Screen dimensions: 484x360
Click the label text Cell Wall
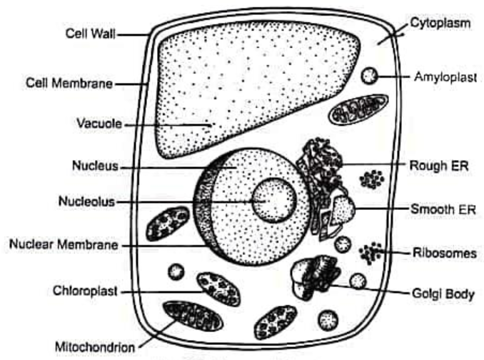(x=91, y=34)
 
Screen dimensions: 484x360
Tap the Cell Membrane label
(x=69, y=84)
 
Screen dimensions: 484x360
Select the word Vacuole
(x=99, y=123)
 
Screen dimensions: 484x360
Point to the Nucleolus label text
(x=87, y=201)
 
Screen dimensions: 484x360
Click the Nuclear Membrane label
(x=64, y=244)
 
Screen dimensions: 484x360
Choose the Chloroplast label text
(x=85, y=291)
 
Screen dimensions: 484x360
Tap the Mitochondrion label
(x=95, y=347)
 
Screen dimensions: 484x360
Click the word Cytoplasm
(x=440, y=23)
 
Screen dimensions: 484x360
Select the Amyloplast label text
(x=445, y=77)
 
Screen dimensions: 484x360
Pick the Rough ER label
(x=439, y=166)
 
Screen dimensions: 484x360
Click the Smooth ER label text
(x=443, y=209)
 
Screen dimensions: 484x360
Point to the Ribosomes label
(x=445, y=254)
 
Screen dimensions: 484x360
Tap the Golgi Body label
(x=443, y=294)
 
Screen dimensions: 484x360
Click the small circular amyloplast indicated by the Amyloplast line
(x=369, y=76)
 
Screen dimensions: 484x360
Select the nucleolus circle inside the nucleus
(x=274, y=201)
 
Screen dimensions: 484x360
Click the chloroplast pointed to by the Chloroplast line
(x=219, y=289)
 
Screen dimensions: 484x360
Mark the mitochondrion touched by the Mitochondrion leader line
(x=193, y=316)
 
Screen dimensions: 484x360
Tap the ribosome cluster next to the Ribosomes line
(x=370, y=253)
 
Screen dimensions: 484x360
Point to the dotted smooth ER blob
(x=343, y=210)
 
